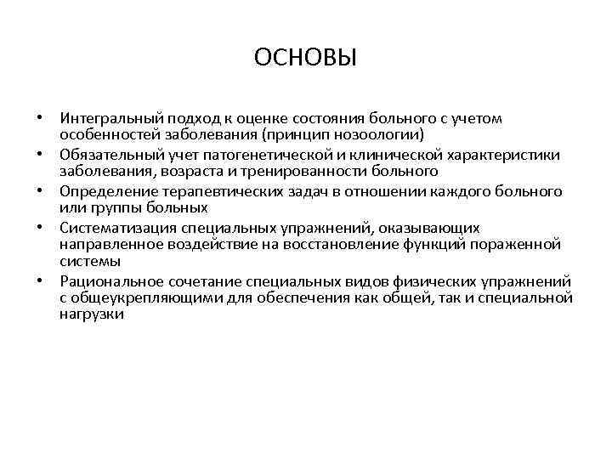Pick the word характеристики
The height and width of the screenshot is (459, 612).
click(506, 155)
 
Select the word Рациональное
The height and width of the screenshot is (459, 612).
click(108, 280)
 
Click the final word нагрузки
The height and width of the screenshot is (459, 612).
click(93, 314)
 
